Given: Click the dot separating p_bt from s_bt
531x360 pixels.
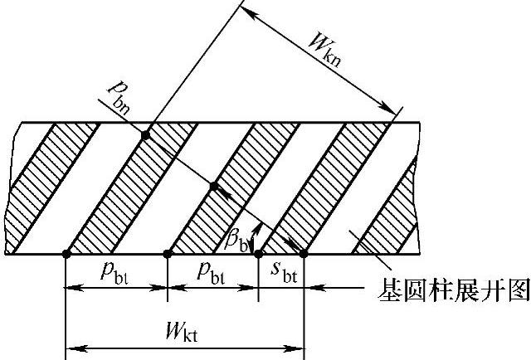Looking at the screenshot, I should [x=258, y=254].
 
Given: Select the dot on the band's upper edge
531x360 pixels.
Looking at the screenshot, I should [x=146, y=134].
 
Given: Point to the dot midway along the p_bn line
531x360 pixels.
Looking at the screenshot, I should [x=213, y=187].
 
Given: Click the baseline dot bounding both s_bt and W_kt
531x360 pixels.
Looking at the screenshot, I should [x=304, y=254].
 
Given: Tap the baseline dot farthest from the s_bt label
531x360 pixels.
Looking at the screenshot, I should [x=66, y=254].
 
